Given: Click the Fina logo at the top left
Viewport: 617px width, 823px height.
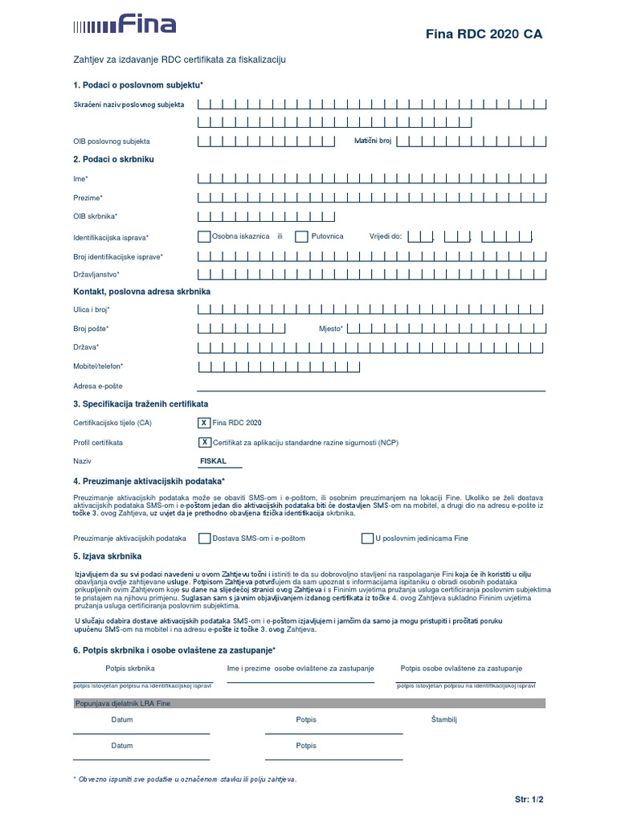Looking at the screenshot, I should click(124, 24).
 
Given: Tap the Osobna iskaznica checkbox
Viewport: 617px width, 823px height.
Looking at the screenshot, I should click(204, 237).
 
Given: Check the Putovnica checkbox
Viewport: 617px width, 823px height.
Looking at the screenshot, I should click(301, 237).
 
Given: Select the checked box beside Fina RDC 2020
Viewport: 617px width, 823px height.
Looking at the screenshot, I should click(204, 422).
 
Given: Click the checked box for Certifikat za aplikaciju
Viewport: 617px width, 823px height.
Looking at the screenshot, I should click(204, 442).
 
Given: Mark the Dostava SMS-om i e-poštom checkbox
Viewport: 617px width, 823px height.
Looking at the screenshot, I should click(204, 538).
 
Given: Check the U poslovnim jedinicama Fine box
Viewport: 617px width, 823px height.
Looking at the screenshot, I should click(367, 538).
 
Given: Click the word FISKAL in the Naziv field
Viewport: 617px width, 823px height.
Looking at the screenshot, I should click(213, 461).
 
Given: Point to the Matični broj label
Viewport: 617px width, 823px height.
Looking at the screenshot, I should click(373, 141).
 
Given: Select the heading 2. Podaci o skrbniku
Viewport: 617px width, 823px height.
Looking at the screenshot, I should click(113, 159).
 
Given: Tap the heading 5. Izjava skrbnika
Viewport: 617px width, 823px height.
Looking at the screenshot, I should click(107, 555).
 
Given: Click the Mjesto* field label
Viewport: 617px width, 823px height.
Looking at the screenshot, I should click(330, 329).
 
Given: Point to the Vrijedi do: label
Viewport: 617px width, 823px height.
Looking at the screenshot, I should click(385, 237).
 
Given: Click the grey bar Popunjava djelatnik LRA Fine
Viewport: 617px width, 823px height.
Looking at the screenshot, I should click(308, 703).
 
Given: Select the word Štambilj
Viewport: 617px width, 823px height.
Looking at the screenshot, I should click(443, 719).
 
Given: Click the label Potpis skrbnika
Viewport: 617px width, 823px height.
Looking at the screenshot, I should click(129, 668).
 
